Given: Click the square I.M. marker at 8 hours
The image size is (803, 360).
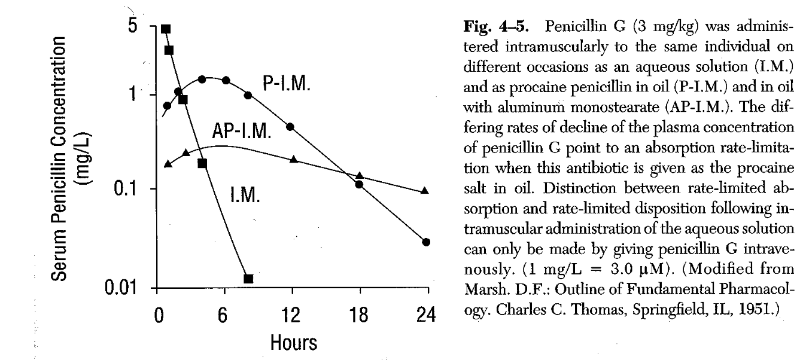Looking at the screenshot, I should click(x=249, y=279).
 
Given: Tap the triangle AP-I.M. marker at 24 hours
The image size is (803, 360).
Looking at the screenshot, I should click(x=425, y=191).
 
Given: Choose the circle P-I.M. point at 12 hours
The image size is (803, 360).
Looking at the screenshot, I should click(x=290, y=127).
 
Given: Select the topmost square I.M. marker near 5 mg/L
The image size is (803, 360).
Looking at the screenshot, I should click(x=166, y=29).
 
